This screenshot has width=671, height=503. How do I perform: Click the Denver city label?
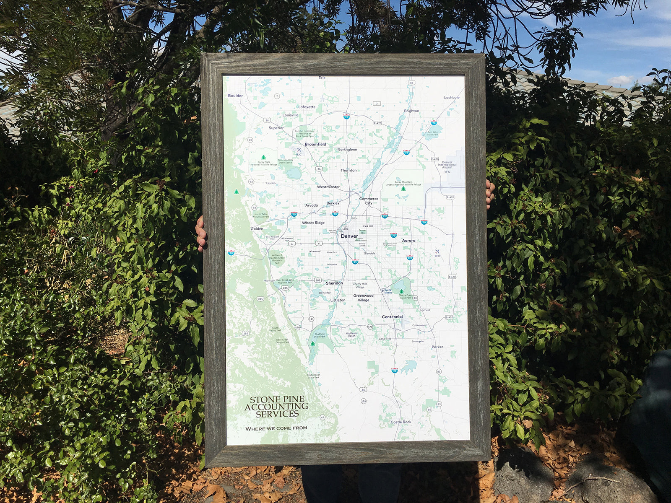(x=349, y=236)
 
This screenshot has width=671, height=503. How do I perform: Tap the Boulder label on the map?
(x=235, y=96)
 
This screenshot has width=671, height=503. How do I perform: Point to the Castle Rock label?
(x=401, y=422)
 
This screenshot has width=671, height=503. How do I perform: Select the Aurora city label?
(x=408, y=241)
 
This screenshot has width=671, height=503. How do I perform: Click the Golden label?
(x=257, y=228)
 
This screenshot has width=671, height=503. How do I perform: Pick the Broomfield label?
(x=315, y=144)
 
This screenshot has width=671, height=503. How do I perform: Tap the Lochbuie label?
(x=452, y=98)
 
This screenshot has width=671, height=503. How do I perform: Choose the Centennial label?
(x=392, y=317)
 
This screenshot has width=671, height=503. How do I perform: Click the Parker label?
(x=437, y=347)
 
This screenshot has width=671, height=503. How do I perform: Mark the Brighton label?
(x=411, y=111)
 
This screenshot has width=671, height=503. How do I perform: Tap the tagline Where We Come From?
(x=276, y=428)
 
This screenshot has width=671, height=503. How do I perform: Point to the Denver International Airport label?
(x=447, y=165)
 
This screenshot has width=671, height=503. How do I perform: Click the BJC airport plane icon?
(x=299, y=150)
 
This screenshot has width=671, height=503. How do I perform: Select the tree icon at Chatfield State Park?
(x=313, y=344)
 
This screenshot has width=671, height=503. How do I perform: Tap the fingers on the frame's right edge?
(x=489, y=194)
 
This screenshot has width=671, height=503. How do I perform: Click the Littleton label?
(x=338, y=300)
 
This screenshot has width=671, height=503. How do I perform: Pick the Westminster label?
(x=328, y=187)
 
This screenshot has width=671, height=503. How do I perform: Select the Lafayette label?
(x=307, y=107)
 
